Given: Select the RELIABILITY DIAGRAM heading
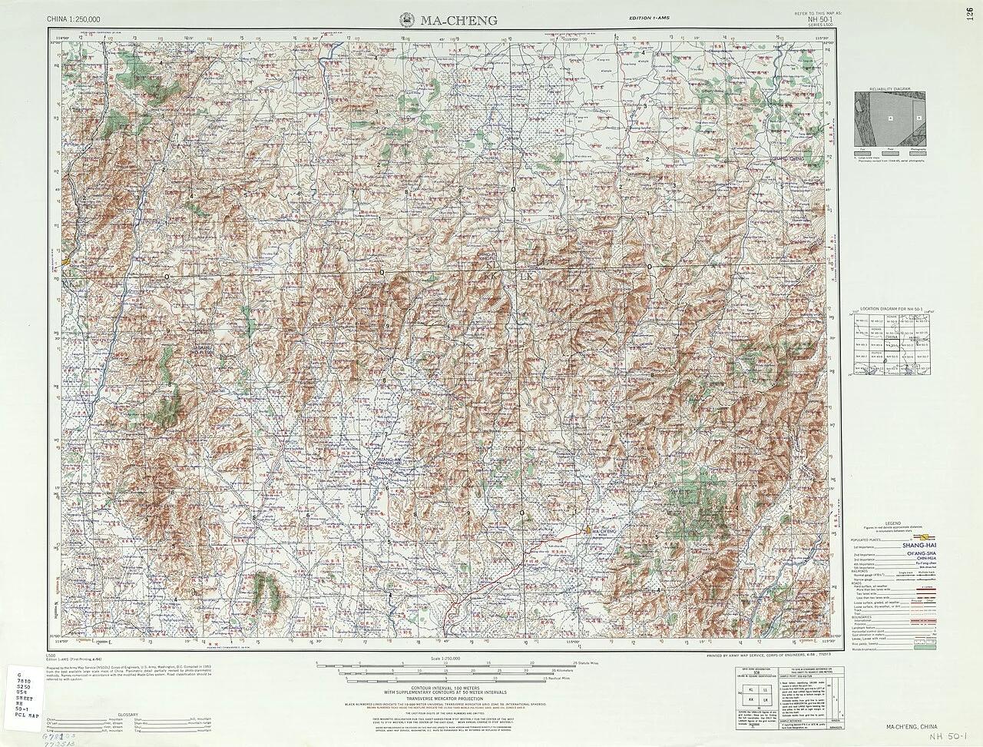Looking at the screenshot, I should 889,89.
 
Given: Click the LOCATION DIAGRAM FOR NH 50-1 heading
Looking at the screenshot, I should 889,307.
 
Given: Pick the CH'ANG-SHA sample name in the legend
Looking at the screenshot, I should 914,552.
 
